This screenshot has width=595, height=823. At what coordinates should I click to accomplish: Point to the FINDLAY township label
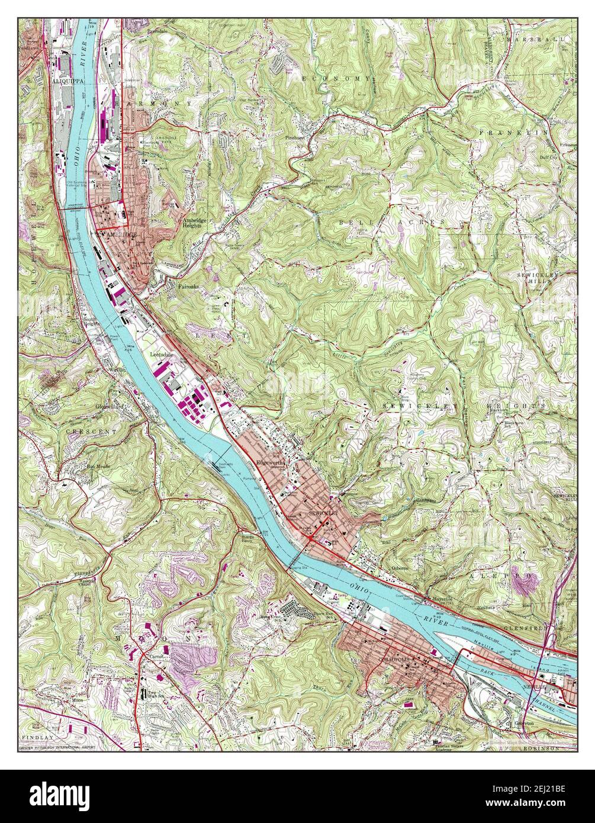pos(37,738)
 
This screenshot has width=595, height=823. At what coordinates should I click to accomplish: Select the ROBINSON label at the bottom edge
pos(542,748)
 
